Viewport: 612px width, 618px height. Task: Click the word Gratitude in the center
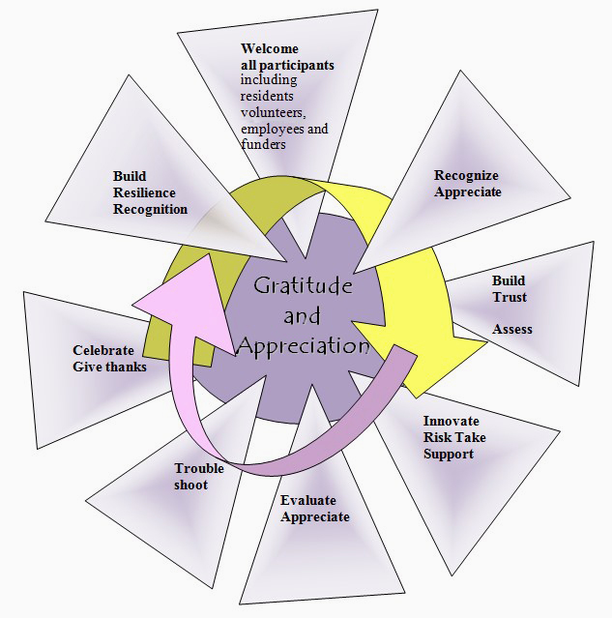[x=303, y=287]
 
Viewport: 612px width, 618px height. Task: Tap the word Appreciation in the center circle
[x=304, y=345]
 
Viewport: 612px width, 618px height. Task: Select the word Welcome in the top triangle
[x=270, y=49]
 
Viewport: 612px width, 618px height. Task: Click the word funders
[x=263, y=144]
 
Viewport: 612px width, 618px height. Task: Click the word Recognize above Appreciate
[x=466, y=175]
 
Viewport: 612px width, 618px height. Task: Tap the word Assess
[x=512, y=329]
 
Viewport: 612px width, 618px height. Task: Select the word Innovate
[x=451, y=422]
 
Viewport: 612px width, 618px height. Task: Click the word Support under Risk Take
[x=449, y=454]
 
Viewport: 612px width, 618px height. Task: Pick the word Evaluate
[x=309, y=500]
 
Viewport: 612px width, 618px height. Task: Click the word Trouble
[x=199, y=468]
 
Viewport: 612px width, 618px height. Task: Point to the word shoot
[x=190, y=485]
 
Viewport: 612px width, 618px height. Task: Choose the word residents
[x=268, y=97]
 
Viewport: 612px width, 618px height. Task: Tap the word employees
[x=274, y=129]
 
